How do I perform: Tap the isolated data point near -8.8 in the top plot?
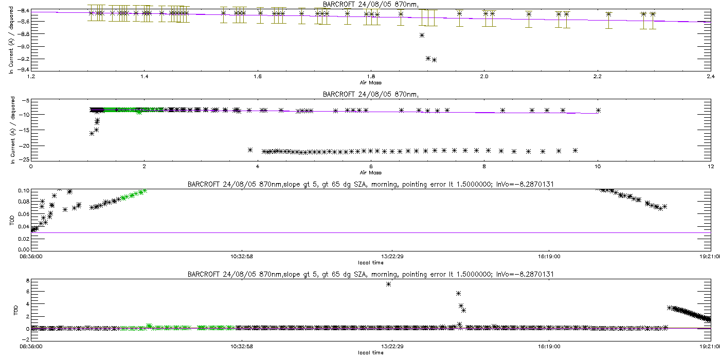pyautogui.click(x=422, y=35)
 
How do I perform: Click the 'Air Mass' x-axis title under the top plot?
pyautogui.click(x=370, y=82)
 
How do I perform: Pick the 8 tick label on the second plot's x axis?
pyautogui.click(x=484, y=166)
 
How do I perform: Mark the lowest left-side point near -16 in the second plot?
pyautogui.click(x=92, y=133)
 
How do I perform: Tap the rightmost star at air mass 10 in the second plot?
pyautogui.click(x=598, y=110)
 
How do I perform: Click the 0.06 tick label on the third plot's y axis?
pyautogui.click(x=22, y=214)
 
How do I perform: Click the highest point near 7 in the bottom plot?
pyautogui.click(x=389, y=284)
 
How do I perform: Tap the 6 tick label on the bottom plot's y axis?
pyautogui.click(x=27, y=292)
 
